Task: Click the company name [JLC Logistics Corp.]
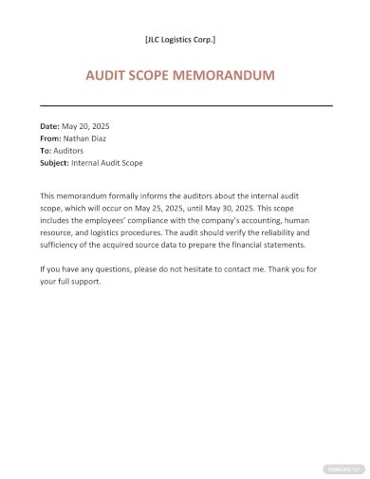tap(180, 39)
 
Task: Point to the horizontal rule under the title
tap(186, 104)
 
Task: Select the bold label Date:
tap(50, 125)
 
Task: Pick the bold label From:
tap(51, 138)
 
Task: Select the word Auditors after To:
tap(73, 150)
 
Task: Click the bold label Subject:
tap(56, 162)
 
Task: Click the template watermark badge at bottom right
tap(342, 468)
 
